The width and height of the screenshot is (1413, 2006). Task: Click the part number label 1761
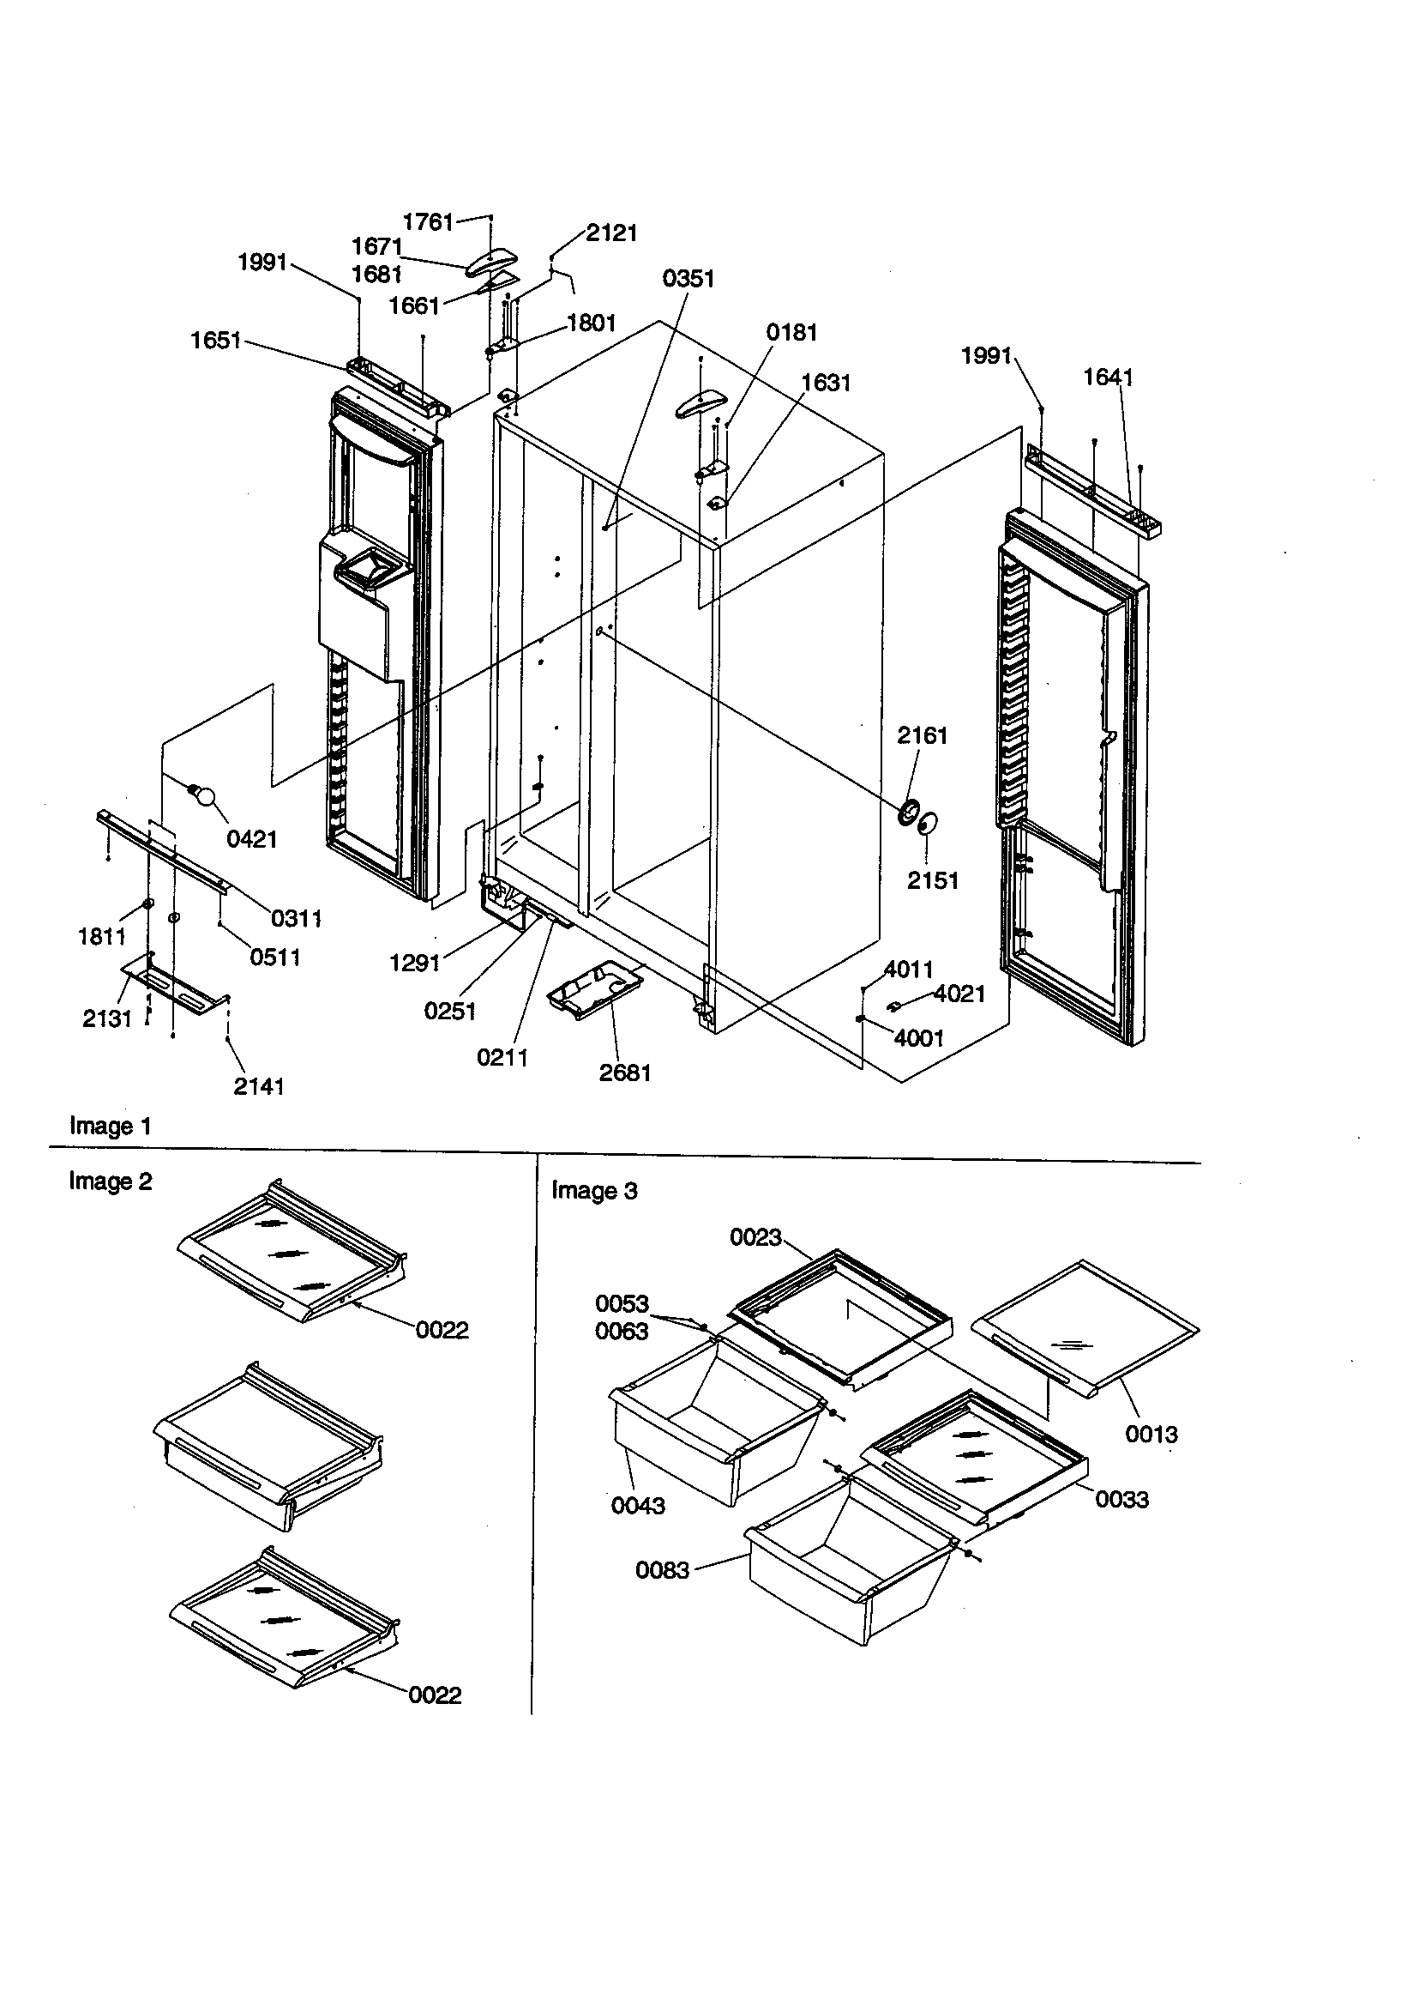(x=427, y=222)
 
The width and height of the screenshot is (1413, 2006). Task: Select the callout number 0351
(x=688, y=279)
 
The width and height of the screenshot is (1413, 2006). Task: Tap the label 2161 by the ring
(x=922, y=735)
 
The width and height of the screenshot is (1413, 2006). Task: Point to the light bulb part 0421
(x=203, y=795)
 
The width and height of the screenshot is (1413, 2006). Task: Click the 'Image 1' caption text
(x=110, y=1127)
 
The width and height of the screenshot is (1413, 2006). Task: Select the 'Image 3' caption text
(x=594, y=1191)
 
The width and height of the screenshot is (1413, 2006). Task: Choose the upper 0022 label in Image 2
(x=442, y=1330)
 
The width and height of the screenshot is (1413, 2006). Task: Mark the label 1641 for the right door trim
(x=1108, y=378)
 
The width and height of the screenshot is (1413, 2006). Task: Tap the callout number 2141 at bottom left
(x=258, y=1086)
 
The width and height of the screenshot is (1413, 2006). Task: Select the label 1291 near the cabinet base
(x=414, y=963)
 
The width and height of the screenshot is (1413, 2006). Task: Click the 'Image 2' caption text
(x=110, y=1181)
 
